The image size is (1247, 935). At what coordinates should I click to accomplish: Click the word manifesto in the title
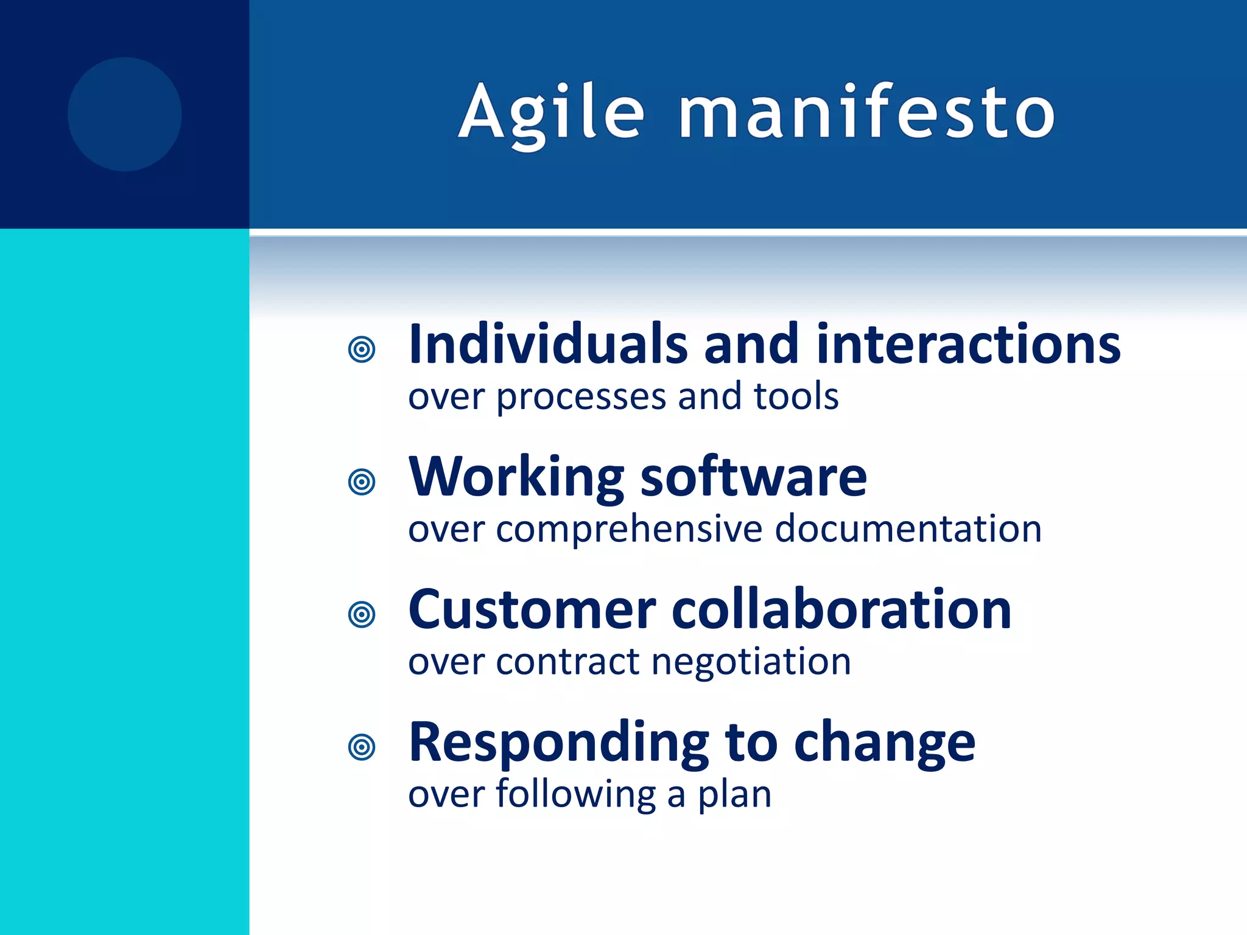pyautogui.click(x=866, y=113)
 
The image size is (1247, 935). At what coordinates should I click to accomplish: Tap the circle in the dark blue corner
pyautogui.click(x=125, y=114)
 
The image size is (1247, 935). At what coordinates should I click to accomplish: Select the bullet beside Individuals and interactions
pyautogui.click(x=362, y=349)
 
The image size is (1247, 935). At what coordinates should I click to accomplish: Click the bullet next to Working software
pyautogui.click(x=362, y=482)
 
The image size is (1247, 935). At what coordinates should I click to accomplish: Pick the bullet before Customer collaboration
pyautogui.click(x=362, y=614)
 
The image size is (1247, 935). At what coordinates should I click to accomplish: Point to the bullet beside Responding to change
pyautogui.click(x=362, y=747)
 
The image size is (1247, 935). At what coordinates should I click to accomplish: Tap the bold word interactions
pyautogui.click(x=968, y=345)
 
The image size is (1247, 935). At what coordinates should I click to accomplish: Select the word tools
pyautogui.click(x=796, y=396)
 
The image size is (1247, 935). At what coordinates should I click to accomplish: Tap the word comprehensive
pyautogui.click(x=628, y=530)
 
